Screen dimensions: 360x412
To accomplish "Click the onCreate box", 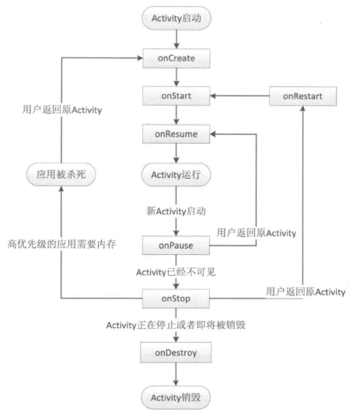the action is click(x=177, y=58).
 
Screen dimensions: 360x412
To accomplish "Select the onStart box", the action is click(x=177, y=96).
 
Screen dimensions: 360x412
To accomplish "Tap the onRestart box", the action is click(x=302, y=96).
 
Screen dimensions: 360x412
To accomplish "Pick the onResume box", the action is click(x=176, y=134).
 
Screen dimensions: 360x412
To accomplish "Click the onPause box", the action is click(x=176, y=246).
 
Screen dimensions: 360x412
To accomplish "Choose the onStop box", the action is click(x=176, y=299).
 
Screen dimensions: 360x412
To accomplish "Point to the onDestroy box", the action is click(x=176, y=353).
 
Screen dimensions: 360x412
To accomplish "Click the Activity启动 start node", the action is click(x=177, y=19).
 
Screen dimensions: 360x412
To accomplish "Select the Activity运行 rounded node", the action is click(x=176, y=175).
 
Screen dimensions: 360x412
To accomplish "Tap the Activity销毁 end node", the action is click(x=176, y=397).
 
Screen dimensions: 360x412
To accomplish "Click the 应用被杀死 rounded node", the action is click(x=61, y=174).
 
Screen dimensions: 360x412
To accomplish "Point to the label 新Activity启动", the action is click(x=176, y=211).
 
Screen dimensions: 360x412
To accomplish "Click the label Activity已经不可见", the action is click(x=176, y=272).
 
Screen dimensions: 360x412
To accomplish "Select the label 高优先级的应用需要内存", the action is click(x=61, y=244).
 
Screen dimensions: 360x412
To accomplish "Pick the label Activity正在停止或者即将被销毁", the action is click(x=176, y=325).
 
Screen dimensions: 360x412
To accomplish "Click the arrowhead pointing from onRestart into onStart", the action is click(x=213, y=96).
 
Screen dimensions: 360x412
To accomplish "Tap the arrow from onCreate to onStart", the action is click(x=177, y=77).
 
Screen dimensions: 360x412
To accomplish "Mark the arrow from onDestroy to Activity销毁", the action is click(x=176, y=375).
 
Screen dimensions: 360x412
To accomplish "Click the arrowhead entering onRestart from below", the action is click(x=302, y=109).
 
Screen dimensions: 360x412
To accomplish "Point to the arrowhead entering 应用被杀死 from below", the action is click(x=61, y=189).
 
